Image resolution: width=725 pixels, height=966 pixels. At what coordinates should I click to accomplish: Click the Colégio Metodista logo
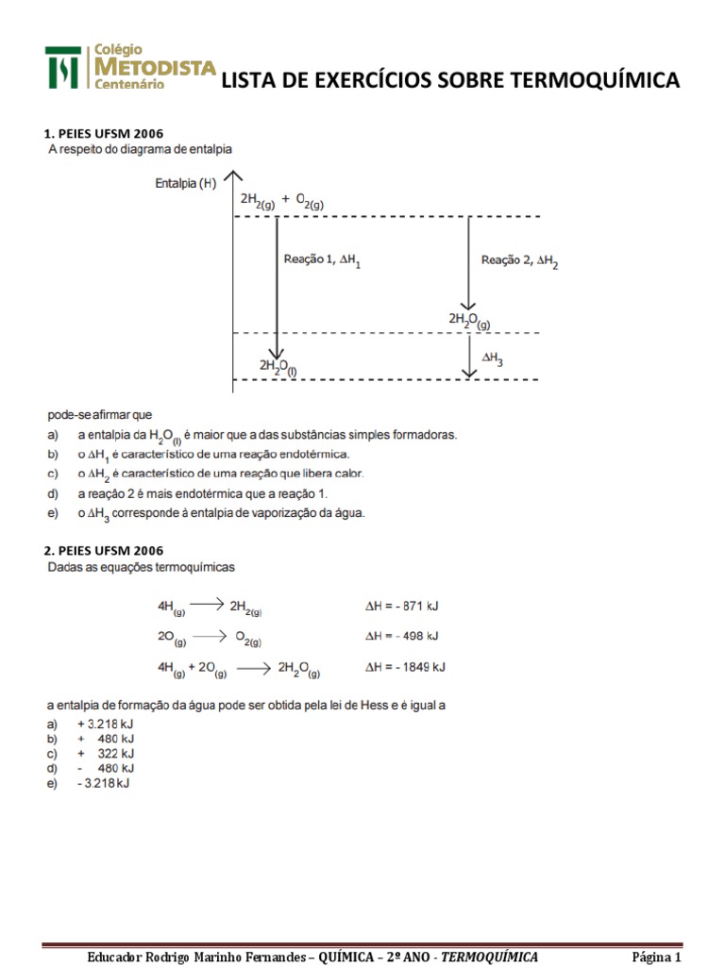click(130, 67)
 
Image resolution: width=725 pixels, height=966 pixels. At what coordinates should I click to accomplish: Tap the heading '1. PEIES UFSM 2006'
click(104, 133)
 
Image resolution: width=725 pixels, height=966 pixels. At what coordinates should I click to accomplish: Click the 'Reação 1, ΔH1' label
click(322, 260)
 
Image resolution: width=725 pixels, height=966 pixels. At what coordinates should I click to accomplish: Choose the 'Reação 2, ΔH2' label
click(519, 260)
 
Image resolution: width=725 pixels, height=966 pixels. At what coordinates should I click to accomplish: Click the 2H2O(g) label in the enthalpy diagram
click(469, 321)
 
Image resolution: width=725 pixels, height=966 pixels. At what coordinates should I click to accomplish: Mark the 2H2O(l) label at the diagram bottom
click(278, 366)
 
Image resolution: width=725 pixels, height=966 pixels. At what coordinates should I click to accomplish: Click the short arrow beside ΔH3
click(470, 357)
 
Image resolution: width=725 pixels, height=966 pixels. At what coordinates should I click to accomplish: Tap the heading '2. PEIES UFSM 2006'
click(104, 550)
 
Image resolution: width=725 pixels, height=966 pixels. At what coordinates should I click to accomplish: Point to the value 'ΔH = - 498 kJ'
click(401, 636)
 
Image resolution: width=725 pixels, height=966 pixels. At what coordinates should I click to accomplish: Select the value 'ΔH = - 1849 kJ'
click(405, 667)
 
